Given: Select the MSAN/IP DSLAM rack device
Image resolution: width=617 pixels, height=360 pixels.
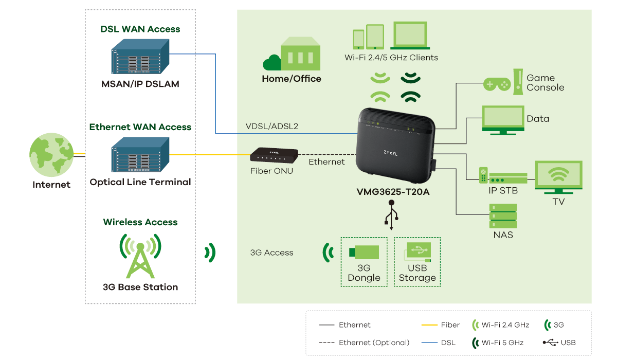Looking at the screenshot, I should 140,58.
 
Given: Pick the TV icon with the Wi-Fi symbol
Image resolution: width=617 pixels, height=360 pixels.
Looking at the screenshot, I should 558,177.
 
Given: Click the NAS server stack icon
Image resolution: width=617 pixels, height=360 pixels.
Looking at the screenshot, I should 503,217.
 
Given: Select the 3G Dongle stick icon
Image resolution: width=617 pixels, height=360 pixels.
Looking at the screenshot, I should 364,252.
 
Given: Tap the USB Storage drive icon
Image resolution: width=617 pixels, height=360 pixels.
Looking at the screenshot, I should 418,252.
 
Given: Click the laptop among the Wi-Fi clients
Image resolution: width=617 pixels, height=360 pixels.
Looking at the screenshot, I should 410,35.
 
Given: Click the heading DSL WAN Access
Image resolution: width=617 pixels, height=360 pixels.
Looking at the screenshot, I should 140,29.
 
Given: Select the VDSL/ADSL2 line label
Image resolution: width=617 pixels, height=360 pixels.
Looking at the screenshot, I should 272,126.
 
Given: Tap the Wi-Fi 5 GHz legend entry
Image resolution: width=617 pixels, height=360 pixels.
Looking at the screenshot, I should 498,343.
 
